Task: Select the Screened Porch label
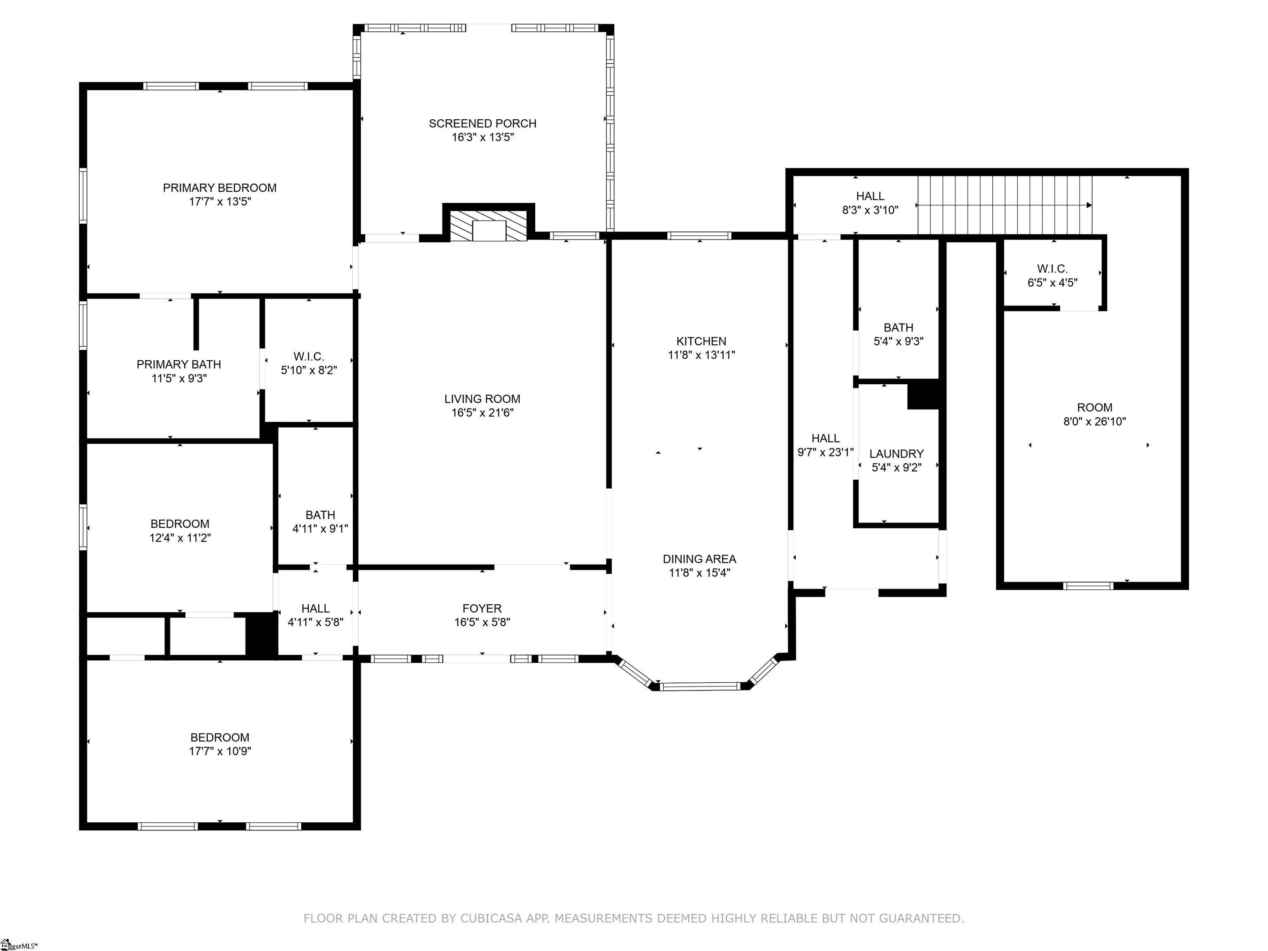coord(483,123)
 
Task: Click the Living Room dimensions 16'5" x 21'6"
coord(483,413)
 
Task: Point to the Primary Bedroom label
coord(220,188)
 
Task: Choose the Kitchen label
coord(701,341)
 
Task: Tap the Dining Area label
coord(699,559)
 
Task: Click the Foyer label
coord(482,608)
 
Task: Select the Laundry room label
coord(897,454)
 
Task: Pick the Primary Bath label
coord(179,364)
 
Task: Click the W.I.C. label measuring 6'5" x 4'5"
coord(1053,269)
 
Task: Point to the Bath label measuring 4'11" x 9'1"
coord(320,515)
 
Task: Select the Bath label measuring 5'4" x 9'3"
coord(898,327)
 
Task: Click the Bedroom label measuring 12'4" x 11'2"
coord(180,524)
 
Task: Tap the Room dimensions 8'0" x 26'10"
coord(1095,422)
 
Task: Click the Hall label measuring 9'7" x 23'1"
coord(826,438)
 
